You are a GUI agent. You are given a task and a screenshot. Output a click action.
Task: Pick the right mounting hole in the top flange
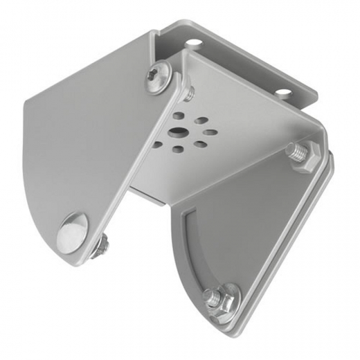coord(284,92)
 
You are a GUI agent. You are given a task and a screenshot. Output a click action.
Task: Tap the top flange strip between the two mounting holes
coord(239,66)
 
